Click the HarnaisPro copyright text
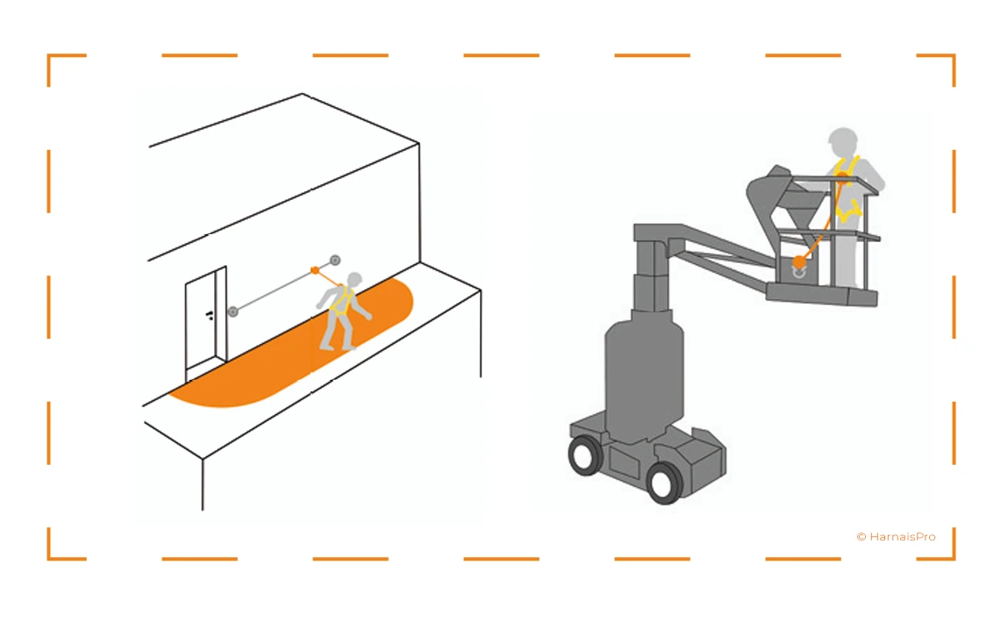click(x=897, y=537)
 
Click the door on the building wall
click(x=205, y=324)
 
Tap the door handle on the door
click(x=210, y=315)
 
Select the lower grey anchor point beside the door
click(x=233, y=311)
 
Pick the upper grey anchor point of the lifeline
click(x=335, y=260)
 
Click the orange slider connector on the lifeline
click(x=315, y=271)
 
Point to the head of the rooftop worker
click(x=355, y=279)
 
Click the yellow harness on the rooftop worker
click(x=342, y=299)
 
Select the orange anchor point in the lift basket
click(x=799, y=262)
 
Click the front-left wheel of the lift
click(x=585, y=454)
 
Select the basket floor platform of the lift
click(x=822, y=295)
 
